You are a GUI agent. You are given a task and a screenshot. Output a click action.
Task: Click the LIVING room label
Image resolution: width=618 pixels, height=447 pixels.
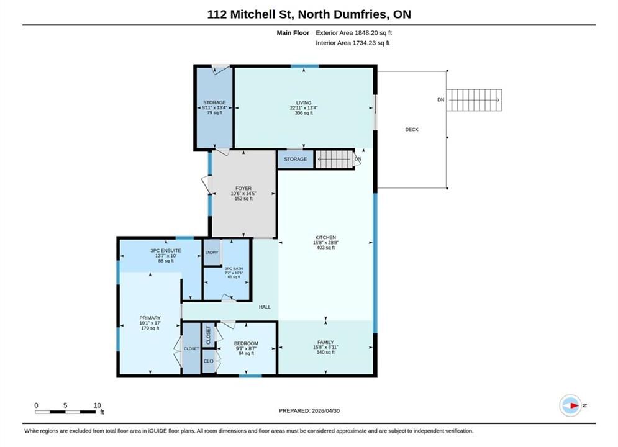pos(304,103)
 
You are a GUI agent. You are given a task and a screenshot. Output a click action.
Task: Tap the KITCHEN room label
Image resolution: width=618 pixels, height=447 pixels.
pos(325,238)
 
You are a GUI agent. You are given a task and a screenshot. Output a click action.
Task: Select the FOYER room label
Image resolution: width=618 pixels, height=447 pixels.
pos(243,188)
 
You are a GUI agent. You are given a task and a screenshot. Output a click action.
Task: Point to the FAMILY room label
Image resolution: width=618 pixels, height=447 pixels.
pos(325,342)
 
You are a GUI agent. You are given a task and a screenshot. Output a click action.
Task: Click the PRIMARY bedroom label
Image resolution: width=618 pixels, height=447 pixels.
pos(150,318)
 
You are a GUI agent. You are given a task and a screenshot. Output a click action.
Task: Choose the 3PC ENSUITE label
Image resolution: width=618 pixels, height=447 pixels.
pos(166,250)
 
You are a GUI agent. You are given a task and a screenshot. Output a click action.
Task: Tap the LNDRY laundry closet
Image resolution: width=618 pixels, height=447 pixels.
pos(212,252)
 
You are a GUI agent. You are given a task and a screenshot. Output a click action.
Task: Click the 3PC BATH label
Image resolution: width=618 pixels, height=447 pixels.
pos(234,269)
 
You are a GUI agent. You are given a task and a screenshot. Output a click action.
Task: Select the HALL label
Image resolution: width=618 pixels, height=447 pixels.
pos(265,307)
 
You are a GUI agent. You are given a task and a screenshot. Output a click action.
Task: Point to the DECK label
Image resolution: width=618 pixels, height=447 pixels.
pos(412,129)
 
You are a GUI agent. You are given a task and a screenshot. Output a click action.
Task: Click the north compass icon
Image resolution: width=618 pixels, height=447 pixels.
pos(570,405)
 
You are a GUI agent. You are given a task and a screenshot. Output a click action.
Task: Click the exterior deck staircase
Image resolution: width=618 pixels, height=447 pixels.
pos(474,100)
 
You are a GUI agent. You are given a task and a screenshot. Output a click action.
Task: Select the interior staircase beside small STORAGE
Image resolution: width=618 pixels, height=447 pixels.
pos(334,159)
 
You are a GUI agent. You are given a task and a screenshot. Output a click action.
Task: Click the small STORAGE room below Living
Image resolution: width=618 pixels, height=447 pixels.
pos(295,159)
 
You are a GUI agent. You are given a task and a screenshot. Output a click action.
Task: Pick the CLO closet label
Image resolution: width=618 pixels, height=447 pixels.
pos(209,361)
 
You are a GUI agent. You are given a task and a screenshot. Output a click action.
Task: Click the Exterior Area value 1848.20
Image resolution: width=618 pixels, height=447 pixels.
pos(368,33)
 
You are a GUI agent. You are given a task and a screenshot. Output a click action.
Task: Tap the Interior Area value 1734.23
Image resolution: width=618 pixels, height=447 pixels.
pos(366,43)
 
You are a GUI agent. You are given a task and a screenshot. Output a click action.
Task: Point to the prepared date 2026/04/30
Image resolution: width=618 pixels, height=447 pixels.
pos(325,411)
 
